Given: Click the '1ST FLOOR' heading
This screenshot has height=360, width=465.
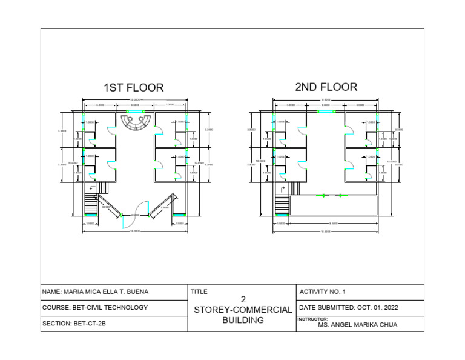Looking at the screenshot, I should pos(133,88).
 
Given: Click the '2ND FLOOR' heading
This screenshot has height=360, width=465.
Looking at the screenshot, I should pos(326,87).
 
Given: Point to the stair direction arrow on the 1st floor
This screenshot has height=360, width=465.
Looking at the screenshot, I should pos(92,188).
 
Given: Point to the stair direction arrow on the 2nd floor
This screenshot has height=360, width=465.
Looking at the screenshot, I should pos(282,189).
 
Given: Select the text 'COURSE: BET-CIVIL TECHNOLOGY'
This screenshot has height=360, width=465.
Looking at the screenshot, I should pos(95,308).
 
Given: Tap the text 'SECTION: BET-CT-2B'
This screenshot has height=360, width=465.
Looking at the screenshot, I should pos(74,324).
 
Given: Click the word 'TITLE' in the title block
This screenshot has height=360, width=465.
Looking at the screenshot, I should pos(199,292).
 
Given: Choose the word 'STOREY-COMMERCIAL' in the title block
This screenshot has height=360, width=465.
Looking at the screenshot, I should pos(242,310).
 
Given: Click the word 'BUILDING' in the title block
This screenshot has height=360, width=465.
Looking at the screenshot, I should pos(243,320).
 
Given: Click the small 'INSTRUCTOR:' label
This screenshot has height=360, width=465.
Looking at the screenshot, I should pos(312,319).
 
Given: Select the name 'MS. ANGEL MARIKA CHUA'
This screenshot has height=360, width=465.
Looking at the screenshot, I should pos(358,325).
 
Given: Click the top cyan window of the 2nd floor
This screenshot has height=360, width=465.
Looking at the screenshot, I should pos(326,112).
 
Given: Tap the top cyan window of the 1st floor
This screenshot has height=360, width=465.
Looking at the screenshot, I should pos(135,112).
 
